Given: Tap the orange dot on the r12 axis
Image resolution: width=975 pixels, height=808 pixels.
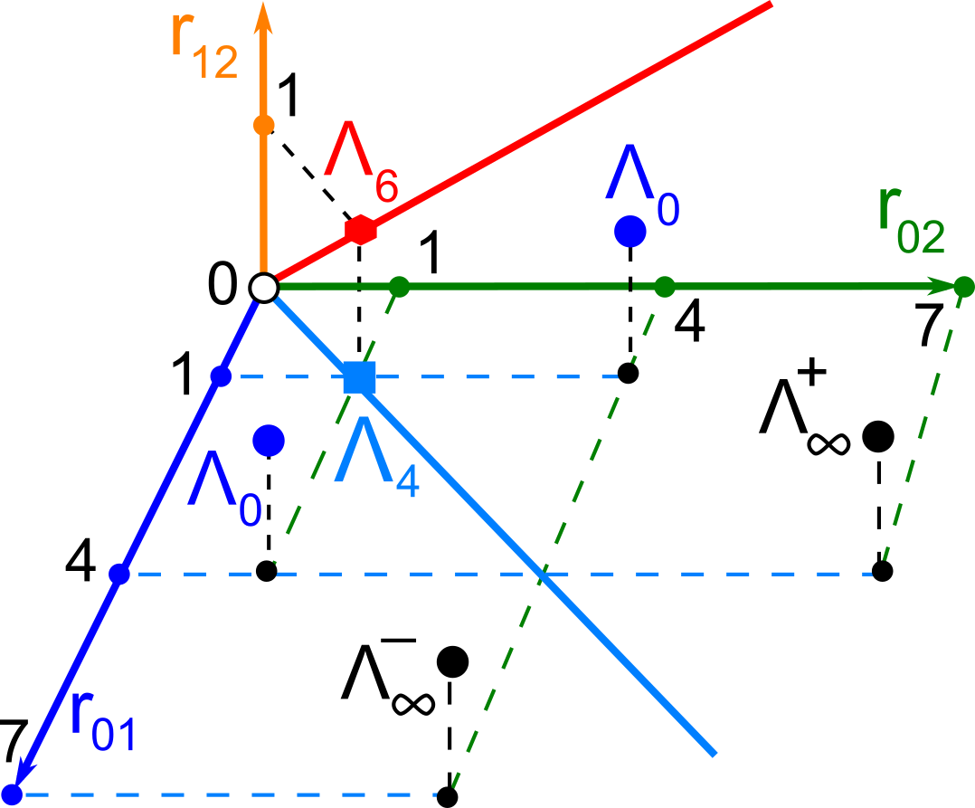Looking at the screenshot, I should click(x=263, y=125).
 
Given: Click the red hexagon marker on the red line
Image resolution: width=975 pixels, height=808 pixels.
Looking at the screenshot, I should click(x=361, y=230).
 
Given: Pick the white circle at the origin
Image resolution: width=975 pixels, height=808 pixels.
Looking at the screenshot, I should click(x=263, y=288).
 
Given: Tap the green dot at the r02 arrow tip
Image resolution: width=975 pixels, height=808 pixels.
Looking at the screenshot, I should click(x=964, y=288).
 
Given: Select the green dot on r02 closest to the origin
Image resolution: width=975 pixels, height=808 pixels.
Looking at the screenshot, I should click(x=400, y=288).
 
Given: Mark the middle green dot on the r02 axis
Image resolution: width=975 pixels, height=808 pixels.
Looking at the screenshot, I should click(x=665, y=288).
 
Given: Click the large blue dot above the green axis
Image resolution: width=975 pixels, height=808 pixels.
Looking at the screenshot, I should click(x=629, y=232).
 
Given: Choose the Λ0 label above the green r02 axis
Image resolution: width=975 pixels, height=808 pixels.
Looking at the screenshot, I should click(x=643, y=185).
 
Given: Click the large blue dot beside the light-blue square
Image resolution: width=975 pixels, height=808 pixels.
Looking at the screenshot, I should click(x=269, y=441).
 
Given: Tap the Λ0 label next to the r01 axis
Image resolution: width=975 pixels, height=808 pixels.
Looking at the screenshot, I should click(x=224, y=494).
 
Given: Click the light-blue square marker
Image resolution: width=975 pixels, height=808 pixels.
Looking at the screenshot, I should click(x=359, y=376).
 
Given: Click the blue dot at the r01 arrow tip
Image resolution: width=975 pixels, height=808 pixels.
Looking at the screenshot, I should click(x=13, y=794).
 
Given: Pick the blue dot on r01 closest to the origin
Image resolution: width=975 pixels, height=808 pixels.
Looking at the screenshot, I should click(x=221, y=376).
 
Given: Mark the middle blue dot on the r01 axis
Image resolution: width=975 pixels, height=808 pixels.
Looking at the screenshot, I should click(x=118, y=574).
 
